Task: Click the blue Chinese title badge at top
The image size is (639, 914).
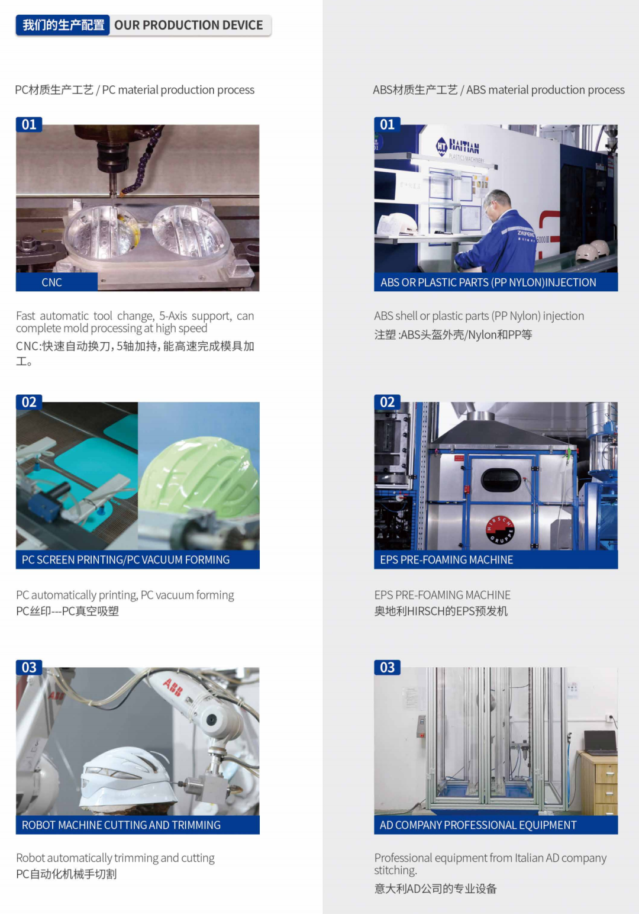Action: click(x=63, y=25)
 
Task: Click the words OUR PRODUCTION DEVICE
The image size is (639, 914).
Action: click(x=188, y=25)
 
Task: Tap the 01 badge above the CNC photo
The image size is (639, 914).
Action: click(x=29, y=124)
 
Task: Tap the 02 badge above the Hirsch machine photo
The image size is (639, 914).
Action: click(x=387, y=402)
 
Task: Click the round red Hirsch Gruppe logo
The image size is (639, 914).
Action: click(x=500, y=530)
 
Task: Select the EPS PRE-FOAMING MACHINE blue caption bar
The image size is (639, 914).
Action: click(x=496, y=559)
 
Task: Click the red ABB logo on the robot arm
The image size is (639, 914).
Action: click(x=173, y=687)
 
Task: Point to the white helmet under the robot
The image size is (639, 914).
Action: click(x=127, y=777)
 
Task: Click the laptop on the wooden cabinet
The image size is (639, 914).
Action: click(x=601, y=742)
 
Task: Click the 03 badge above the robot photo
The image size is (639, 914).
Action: click(x=29, y=667)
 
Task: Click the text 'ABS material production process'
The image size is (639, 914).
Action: click(x=545, y=90)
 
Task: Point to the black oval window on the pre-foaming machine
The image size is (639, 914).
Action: click(x=501, y=480)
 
